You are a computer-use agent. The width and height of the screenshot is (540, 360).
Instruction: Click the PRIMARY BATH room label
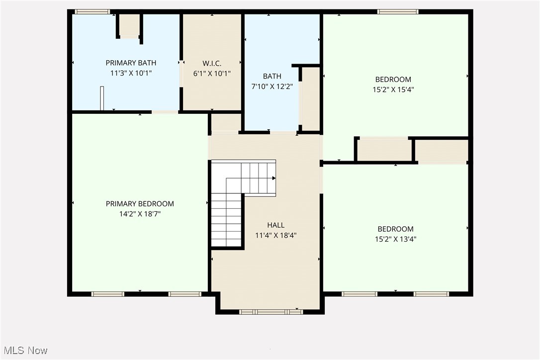[x=131, y=63]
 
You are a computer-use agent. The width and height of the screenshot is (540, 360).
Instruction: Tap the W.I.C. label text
[x=212, y=63]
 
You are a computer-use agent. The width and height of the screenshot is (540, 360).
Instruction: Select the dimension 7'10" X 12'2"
[x=272, y=86]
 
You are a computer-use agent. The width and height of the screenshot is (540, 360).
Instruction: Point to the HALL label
[x=276, y=225]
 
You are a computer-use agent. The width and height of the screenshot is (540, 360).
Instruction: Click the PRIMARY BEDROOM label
[x=140, y=203]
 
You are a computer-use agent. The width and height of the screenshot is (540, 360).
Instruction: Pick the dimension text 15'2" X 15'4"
[x=393, y=90]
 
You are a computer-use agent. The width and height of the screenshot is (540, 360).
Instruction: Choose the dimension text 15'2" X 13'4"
[x=395, y=239]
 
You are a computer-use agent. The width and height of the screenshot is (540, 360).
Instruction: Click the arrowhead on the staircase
[x=273, y=178]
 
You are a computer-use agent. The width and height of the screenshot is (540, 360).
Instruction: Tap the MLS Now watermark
[x=24, y=351]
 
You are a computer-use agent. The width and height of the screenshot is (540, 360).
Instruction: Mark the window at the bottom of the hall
[x=271, y=312]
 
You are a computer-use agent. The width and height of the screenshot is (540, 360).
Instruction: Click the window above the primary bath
[x=92, y=11]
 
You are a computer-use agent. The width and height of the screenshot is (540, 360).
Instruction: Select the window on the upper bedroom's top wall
[x=398, y=11]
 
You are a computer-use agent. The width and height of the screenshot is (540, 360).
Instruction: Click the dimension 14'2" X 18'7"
[x=140, y=214]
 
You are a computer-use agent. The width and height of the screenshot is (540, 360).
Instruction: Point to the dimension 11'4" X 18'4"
[x=276, y=235]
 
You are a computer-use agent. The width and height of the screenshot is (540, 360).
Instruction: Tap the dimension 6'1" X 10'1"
[x=212, y=73]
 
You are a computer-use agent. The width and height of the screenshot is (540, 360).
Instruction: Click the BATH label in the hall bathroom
[x=272, y=76]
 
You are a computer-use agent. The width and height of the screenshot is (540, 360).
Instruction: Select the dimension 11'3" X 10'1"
[x=131, y=73]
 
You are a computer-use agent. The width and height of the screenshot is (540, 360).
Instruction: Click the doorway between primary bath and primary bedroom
[x=165, y=112]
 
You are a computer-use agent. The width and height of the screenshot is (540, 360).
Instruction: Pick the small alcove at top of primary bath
[x=130, y=25]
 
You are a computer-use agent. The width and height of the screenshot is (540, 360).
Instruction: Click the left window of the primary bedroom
[x=108, y=294]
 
